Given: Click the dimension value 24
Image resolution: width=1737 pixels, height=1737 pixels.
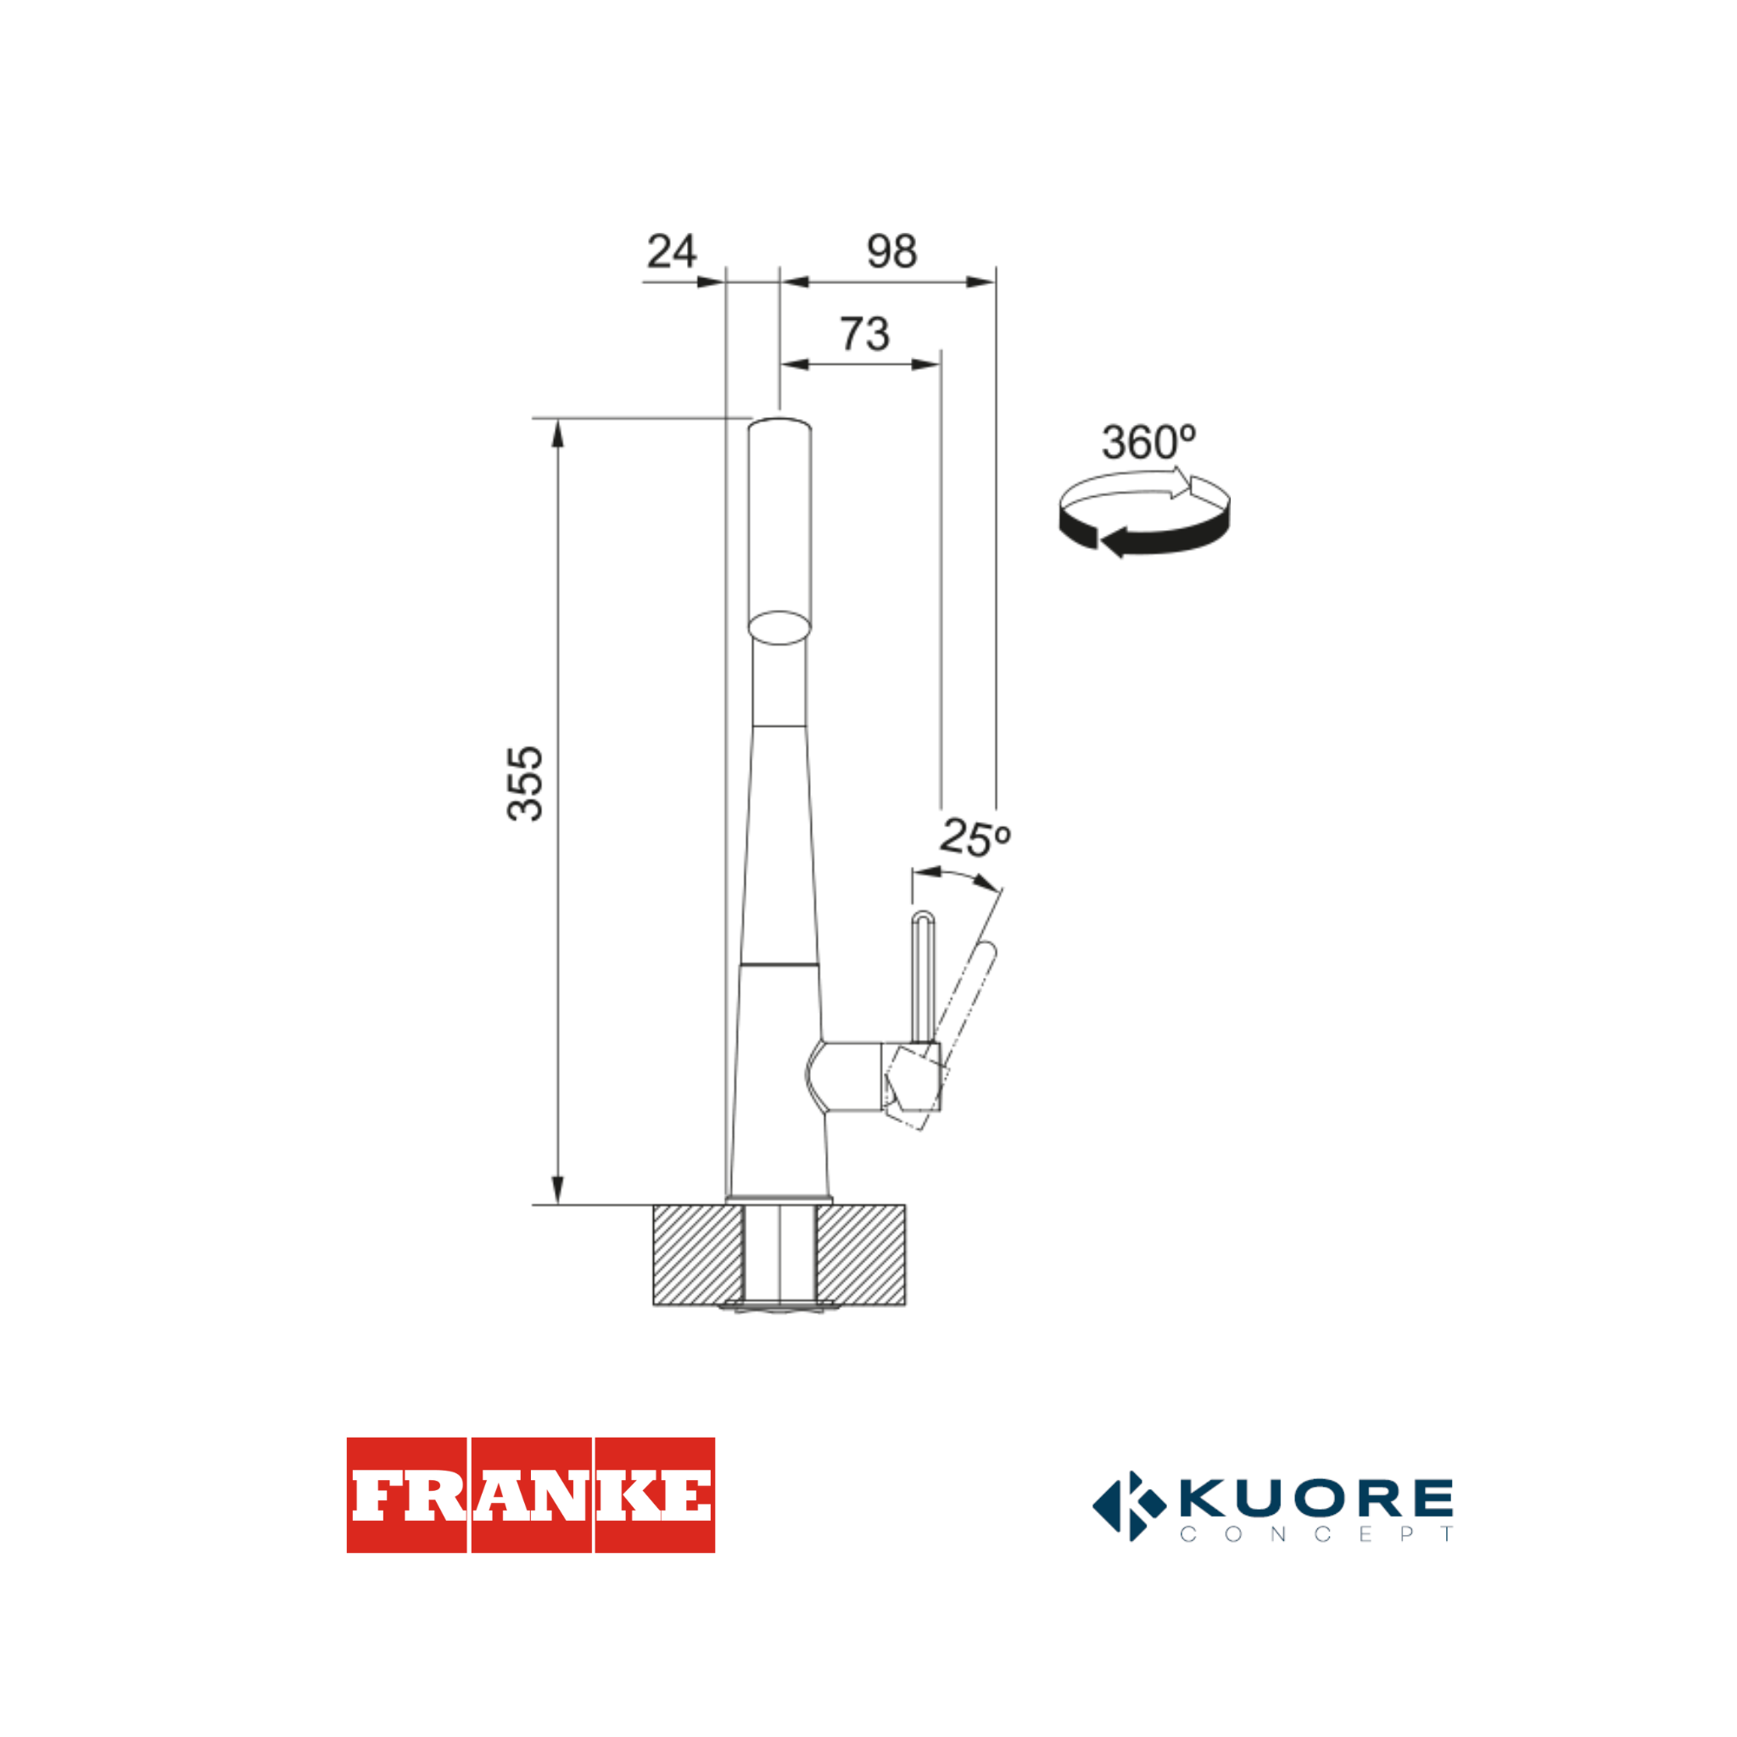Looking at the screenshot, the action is point(672,251).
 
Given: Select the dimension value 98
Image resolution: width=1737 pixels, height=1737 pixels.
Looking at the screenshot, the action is point(892,251).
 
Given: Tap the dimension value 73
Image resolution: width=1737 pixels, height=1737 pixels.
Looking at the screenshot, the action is point(865,333).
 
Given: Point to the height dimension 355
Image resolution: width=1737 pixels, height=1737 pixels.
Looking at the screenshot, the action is point(526,783).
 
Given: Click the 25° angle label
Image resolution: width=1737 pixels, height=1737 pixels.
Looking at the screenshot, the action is point(975,837).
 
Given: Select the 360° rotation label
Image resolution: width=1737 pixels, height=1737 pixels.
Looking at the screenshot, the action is point(1148,443).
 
